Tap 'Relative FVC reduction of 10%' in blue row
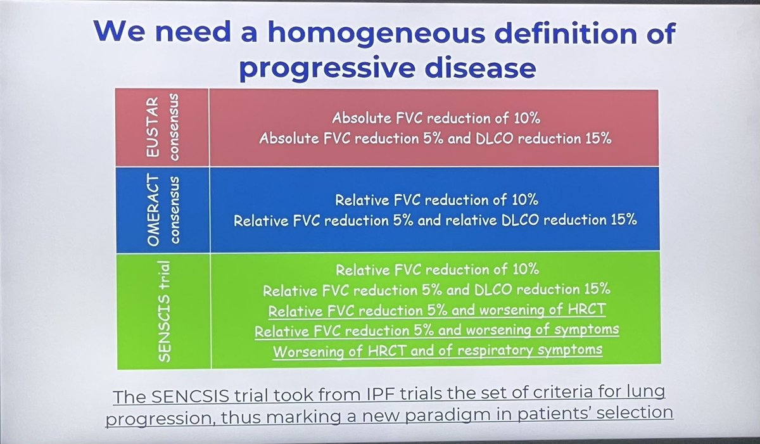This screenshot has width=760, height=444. tap(436, 200)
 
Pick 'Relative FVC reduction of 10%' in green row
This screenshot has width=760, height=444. tap(436, 269)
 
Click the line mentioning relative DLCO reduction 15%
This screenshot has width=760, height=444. tap(435, 221)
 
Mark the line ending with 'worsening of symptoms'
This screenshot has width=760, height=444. tap(436, 330)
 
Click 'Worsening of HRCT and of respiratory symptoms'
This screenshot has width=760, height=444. tap(436, 350)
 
